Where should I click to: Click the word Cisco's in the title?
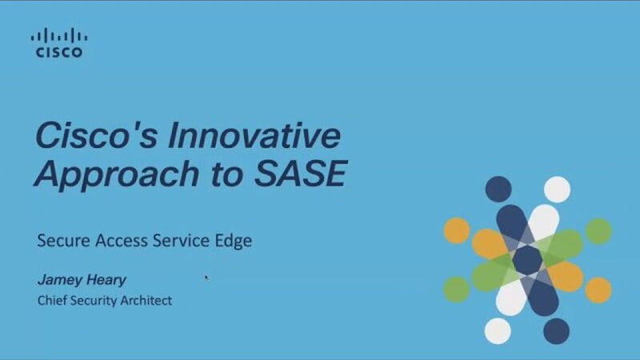[96, 135]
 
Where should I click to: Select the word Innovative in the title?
[254, 135]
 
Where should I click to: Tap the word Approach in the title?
[117, 174]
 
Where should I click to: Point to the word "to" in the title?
[226, 174]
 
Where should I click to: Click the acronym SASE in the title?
[301, 174]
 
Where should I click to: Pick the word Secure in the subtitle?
[63, 241]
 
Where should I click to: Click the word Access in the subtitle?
[122, 241]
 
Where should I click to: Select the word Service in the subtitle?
[182, 241]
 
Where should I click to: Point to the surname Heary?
[106, 280]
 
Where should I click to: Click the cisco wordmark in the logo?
[59, 52]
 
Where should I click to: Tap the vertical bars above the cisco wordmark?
[59, 35]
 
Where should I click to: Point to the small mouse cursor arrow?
[206, 278]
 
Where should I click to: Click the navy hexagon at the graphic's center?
[527, 260]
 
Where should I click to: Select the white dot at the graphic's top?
[557, 190]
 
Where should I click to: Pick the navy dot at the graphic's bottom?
[556, 331]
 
